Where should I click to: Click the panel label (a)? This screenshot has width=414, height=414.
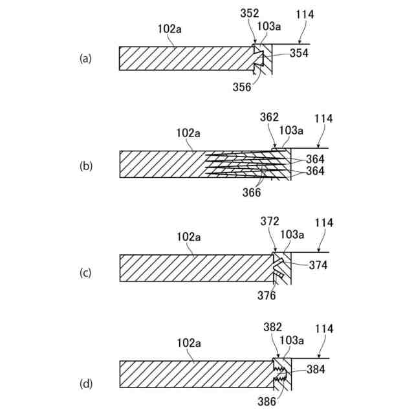[85, 58]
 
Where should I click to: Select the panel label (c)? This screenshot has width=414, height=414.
[85, 273]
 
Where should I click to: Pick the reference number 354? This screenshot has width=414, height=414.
[299, 54]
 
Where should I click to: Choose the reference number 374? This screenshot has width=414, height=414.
[318, 265]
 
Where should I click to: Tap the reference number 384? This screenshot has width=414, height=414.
[317, 371]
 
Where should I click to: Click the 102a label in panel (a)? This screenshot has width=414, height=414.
[170, 28]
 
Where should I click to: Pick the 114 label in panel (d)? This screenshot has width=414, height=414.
[324, 329]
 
